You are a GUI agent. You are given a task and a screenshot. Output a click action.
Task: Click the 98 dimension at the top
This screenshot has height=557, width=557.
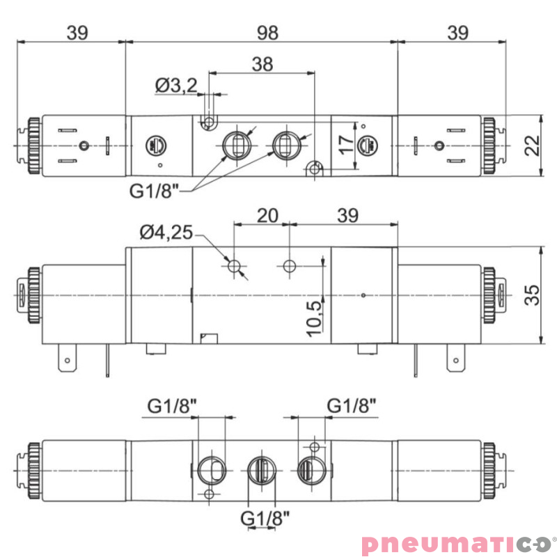262,32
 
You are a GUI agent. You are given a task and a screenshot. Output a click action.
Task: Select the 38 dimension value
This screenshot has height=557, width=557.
262,64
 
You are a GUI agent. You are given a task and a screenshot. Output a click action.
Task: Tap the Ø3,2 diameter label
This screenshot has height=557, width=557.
176,86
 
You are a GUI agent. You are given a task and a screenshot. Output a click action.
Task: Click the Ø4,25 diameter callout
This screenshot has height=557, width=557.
166,233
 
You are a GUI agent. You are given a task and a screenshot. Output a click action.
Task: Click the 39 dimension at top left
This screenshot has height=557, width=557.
77,32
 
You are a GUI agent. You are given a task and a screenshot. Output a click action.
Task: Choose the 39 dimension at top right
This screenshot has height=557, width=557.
457,32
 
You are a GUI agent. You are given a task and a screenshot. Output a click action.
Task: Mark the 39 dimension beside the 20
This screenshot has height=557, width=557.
346,215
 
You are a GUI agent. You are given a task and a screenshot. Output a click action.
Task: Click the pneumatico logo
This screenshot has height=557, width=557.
455,542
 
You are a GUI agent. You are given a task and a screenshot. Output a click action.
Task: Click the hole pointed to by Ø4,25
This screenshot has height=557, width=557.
235,265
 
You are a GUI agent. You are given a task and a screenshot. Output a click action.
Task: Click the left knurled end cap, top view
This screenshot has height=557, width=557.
32,146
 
